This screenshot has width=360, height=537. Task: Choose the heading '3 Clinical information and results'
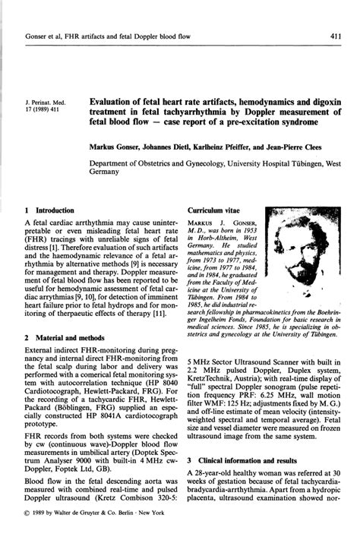point(248,460)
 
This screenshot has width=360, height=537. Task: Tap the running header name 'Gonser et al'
point(45,36)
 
